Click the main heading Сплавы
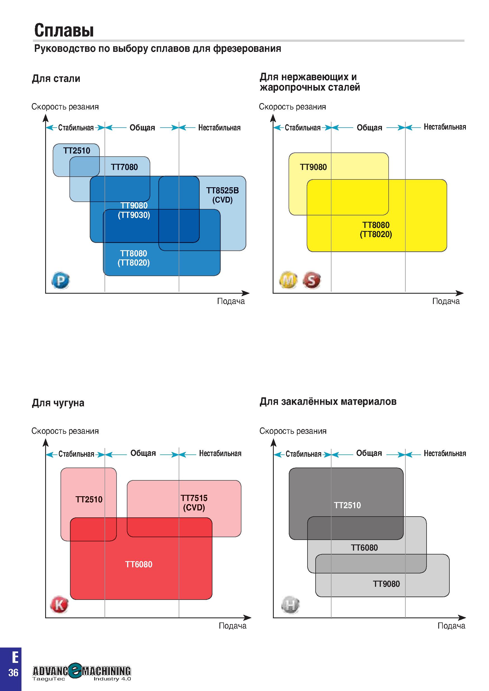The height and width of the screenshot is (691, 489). point(64,30)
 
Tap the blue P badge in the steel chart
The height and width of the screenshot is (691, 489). point(60,281)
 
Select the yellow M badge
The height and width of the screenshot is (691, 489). point(288,281)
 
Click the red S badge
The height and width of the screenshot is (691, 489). point(311,281)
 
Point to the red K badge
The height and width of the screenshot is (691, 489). point(59,605)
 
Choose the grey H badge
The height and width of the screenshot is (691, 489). point(290,605)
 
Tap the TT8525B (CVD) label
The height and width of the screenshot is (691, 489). point(222,195)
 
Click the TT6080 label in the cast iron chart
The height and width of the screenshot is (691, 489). point(139,564)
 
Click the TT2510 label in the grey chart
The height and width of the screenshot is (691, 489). point(347,505)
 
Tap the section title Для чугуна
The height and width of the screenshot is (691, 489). point(58,403)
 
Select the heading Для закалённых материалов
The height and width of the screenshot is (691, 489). point(328,402)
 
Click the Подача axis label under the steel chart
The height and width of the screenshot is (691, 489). point(231,301)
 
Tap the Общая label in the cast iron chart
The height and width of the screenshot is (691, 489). point(143,453)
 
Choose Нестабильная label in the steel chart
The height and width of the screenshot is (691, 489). point(219,128)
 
